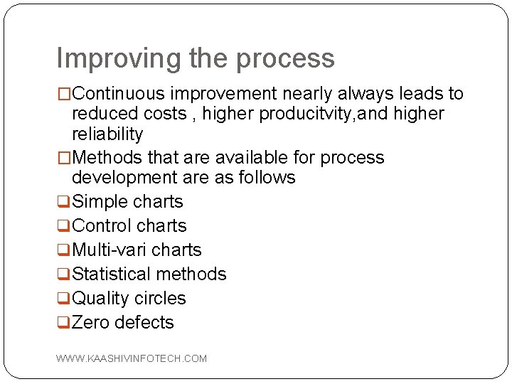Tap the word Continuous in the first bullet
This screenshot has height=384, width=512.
(x=117, y=94)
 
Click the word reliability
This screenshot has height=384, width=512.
(x=107, y=134)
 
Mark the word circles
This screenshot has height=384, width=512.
(x=160, y=299)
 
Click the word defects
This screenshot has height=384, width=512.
(x=144, y=323)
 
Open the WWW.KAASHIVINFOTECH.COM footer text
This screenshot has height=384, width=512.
(x=132, y=358)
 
